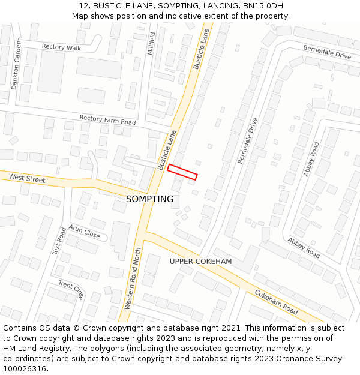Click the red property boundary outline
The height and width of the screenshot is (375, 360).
(x=182, y=172)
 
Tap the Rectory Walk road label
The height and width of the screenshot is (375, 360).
(x=61, y=47)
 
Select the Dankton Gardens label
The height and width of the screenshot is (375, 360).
(x=16, y=64)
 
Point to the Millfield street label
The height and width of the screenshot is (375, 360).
(x=151, y=43)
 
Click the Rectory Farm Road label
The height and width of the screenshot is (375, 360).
(x=107, y=120)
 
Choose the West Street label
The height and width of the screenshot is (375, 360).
(x=27, y=178)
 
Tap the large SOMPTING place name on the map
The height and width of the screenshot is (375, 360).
(x=149, y=199)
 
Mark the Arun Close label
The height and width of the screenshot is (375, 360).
(x=84, y=232)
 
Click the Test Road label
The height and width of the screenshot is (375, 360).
(x=59, y=241)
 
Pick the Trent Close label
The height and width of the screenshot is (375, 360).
(x=71, y=290)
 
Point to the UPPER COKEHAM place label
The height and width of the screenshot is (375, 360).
(x=200, y=262)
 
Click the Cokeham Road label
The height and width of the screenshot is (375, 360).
(x=276, y=302)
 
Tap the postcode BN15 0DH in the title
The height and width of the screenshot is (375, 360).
(x=264, y=6)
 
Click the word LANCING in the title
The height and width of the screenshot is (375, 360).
(x=211, y=6)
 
